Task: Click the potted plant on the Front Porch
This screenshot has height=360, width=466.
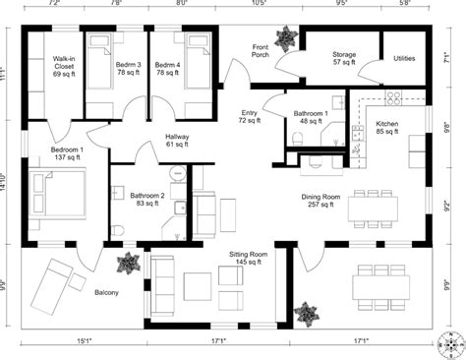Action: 286,39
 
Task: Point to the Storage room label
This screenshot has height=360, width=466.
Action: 344,58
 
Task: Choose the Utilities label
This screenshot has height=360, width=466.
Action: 404,58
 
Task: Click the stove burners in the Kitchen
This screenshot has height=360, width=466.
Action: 392,99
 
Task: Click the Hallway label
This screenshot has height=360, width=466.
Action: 176,141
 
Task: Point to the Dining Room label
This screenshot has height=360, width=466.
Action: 320,201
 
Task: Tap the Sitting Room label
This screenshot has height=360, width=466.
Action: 248,257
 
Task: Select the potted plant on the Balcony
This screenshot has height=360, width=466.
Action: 128,265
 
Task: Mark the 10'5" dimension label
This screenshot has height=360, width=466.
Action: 260,5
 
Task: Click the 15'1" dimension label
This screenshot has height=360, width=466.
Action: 84,342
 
